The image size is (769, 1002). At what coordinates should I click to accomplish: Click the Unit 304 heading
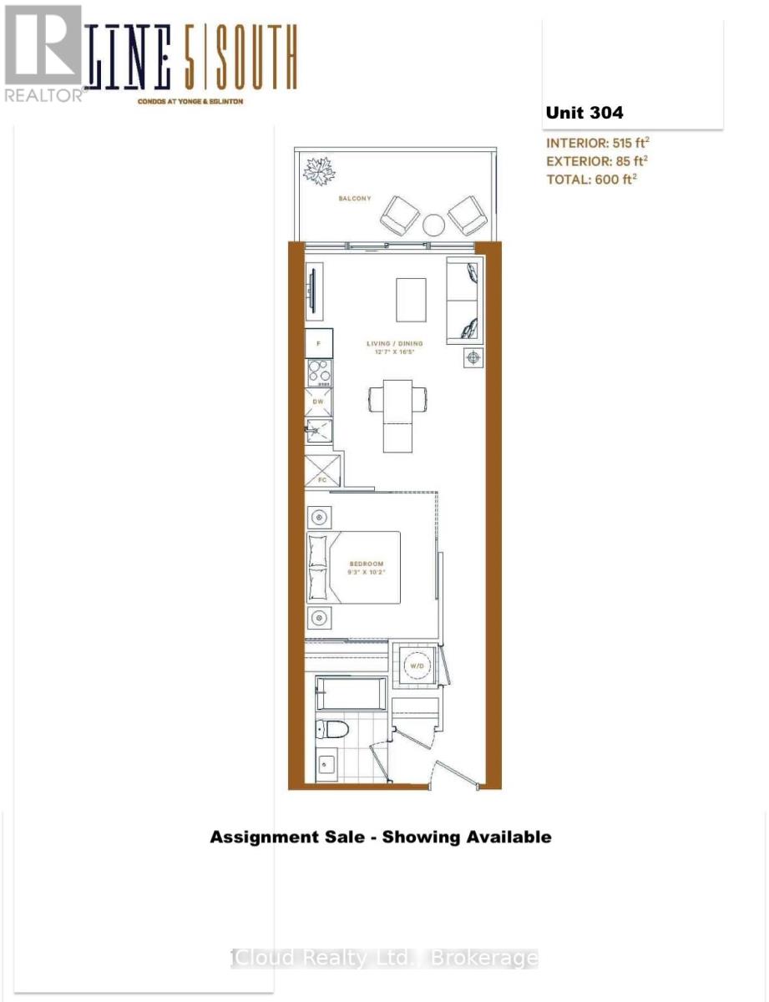(x=584, y=113)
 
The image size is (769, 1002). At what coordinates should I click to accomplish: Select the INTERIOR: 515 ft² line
(x=596, y=142)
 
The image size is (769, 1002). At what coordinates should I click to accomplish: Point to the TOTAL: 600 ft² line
(x=591, y=178)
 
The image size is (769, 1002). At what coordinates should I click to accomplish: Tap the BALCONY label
(x=355, y=199)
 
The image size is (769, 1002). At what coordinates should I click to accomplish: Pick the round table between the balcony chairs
(x=433, y=225)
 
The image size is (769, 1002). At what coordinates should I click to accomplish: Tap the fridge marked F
(x=318, y=342)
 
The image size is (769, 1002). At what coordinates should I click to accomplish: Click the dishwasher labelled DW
(x=318, y=402)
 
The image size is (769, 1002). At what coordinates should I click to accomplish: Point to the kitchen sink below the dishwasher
(x=318, y=431)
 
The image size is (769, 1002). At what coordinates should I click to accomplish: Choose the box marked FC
(x=323, y=471)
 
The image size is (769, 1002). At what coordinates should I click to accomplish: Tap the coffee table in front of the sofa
(x=410, y=298)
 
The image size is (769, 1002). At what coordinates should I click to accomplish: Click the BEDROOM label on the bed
(x=364, y=563)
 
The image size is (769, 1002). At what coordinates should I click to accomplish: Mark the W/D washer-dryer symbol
(x=417, y=665)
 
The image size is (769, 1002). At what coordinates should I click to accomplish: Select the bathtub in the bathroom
(x=352, y=694)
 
